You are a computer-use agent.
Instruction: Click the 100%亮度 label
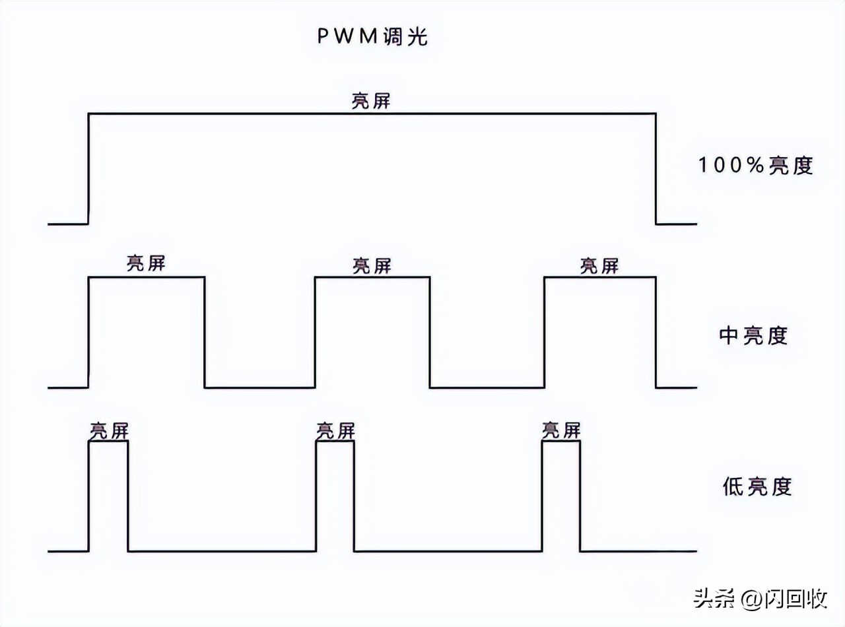(x=755, y=165)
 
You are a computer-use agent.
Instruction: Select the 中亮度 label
(x=753, y=336)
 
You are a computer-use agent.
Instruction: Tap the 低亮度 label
(x=757, y=487)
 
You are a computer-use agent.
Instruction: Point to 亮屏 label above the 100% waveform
(x=372, y=101)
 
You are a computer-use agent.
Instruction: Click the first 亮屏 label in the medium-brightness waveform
(x=146, y=263)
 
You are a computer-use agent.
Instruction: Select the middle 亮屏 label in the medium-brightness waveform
(x=372, y=265)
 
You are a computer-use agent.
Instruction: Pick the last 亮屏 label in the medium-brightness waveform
(x=599, y=265)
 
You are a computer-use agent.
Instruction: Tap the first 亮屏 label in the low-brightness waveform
(x=109, y=431)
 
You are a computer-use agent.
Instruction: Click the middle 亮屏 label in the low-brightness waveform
(x=335, y=431)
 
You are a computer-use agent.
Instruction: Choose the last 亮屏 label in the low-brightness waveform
(x=561, y=431)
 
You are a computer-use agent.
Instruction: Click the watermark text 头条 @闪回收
(x=760, y=599)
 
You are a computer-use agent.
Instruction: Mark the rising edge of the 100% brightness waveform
(x=88, y=169)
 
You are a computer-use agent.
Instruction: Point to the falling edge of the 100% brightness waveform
(x=656, y=169)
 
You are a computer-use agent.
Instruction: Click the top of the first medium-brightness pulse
(x=146, y=277)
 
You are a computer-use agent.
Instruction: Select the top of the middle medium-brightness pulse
(x=372, y=277)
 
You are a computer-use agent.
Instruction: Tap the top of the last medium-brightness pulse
(x=600, y=277)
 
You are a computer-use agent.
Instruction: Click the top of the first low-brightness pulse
(x=108, y=441)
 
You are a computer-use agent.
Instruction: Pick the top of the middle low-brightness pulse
(x=335, y=441)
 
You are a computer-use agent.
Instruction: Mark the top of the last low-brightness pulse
(x=561, y=441)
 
